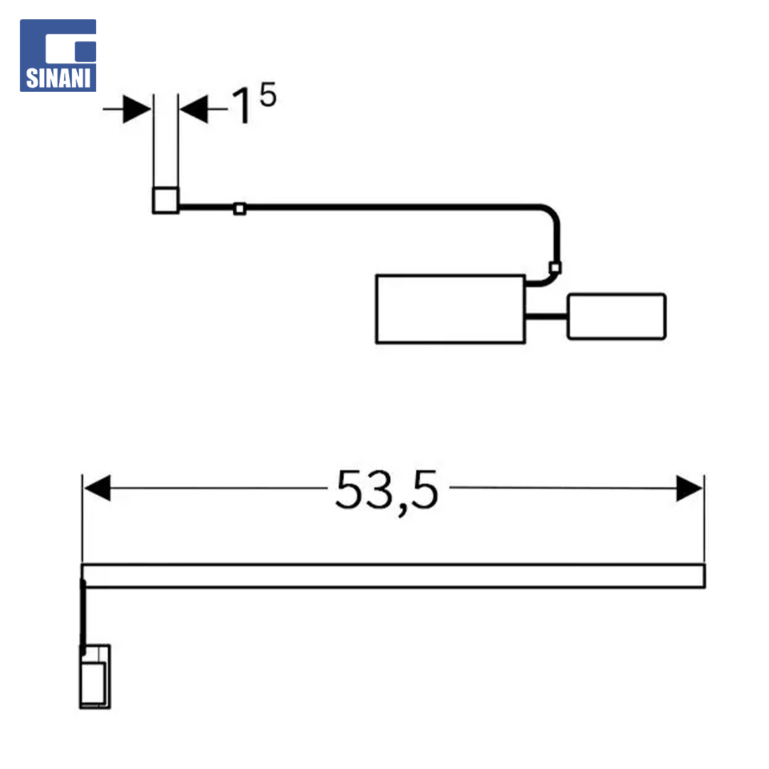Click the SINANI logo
(x=58, y=56)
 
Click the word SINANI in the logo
(x=58, y=78)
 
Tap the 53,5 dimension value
(x=387, y=491)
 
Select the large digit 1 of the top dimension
(x=242, y=105)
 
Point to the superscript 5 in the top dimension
(x=268, y=94)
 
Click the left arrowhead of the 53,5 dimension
(x=97, y=488)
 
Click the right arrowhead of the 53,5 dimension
(x=689, y=488)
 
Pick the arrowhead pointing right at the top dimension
(x=137, y=109)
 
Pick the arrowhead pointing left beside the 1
(x=194, y=109)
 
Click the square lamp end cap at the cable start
(x=166, y=200)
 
